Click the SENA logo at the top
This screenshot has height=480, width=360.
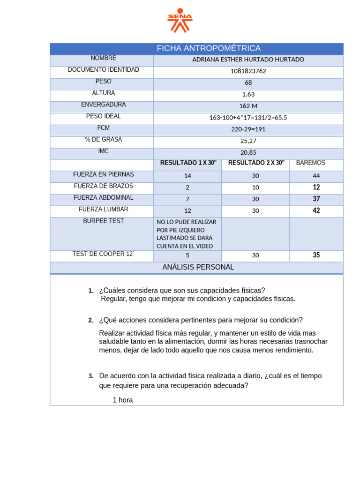click(x=180, y=20)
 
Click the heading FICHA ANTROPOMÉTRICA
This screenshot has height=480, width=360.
click(x=209, y=49)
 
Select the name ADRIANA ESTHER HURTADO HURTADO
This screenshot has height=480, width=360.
click(x=248, y=60)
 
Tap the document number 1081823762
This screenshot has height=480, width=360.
click(x=248, y=71)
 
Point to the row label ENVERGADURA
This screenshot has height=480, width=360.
click(x=103, y=105)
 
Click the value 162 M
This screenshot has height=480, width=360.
click(x=248, y=106)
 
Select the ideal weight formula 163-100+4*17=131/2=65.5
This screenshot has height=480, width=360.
click(x=248, y=118)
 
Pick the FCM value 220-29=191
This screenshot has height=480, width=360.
click(x=248, y=129)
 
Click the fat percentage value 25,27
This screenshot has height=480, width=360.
click(x=248, y=141)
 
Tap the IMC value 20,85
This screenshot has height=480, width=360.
click(x=248, y=152)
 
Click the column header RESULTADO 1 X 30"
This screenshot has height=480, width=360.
click(x=188, y=163)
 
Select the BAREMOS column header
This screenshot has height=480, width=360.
click(x=310, y=163)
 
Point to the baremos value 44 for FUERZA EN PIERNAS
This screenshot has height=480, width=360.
click(x=316, y=176)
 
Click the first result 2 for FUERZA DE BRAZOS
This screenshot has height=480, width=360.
click(x=187, y=187)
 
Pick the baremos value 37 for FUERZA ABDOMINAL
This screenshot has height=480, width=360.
click(x=316, y=199)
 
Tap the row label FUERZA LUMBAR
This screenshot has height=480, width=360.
click(x=103, y=209)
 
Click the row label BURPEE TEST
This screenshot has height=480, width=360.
click(x=103, y=221)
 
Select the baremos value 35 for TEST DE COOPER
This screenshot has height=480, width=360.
click(x=316, y=255)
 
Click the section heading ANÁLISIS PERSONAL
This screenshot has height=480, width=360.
click(x=198, y=267)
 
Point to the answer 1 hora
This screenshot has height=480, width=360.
click(x=123, y=400)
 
